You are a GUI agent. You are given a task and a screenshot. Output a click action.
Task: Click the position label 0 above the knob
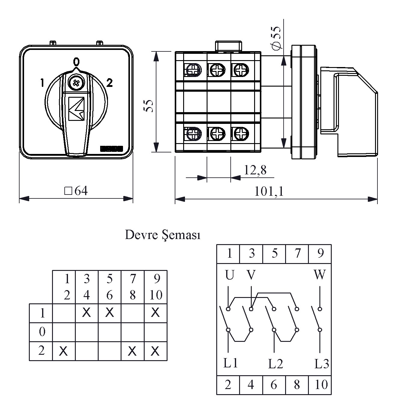coord(77,62)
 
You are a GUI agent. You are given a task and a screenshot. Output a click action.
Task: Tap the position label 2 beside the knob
coord(109,83)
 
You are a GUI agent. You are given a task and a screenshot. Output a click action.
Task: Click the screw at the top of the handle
coord(75,82)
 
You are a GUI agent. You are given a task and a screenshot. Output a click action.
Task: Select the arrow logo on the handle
coord(76,109)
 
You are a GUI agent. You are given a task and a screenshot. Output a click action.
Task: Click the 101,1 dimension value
coord(269,191)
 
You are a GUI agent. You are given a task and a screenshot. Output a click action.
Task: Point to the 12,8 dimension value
coord(255,170)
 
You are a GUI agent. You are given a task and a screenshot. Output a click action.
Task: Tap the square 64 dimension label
coord(76,191)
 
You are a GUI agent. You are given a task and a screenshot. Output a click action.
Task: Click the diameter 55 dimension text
coord(276,38)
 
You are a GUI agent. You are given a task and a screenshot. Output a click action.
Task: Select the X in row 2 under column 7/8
coord(132,351)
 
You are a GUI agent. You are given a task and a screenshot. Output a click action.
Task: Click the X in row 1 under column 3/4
coord(87,313)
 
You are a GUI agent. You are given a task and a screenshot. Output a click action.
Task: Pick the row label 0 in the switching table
coord(42,332)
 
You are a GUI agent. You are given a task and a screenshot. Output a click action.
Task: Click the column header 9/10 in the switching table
coord(156,287)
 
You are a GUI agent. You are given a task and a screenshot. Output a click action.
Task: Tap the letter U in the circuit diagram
coord(229,275)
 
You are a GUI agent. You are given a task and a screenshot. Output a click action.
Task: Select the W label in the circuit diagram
coord(319,275)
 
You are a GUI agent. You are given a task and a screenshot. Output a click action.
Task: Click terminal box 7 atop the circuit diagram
coord(297,253)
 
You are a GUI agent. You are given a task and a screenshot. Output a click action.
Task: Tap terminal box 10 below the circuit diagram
coord(320,385)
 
